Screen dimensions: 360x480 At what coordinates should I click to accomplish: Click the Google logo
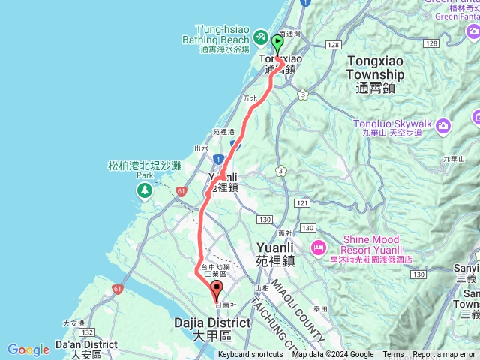pyautogui.click(x=28, y=349)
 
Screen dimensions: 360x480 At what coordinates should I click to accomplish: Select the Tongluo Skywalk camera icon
pyautogui.click(x=443, y=124)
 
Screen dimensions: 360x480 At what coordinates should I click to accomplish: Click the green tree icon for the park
pyautogui.click(x=142, y=191)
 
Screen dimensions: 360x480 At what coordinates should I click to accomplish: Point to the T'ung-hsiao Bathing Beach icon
pyautogui.click(x=260, y=36)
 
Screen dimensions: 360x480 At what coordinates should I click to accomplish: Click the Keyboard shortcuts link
pyautogui.click(x=250, y=355)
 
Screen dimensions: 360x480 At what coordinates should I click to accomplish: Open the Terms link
pyautogui.click(x=393, y=355)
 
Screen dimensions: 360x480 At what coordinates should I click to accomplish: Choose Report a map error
pyautogui.click(x=443, y=355)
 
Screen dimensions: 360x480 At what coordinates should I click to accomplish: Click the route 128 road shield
pyautogui.click(x=333, y=45)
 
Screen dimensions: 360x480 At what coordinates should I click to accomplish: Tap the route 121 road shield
pyautogui.click(x=302, y=203)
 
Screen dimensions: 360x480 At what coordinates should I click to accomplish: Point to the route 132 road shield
pyautogui.click(x=87, y=331)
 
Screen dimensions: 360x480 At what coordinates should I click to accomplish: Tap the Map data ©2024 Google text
pyautogui.click(x=333, y=355)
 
